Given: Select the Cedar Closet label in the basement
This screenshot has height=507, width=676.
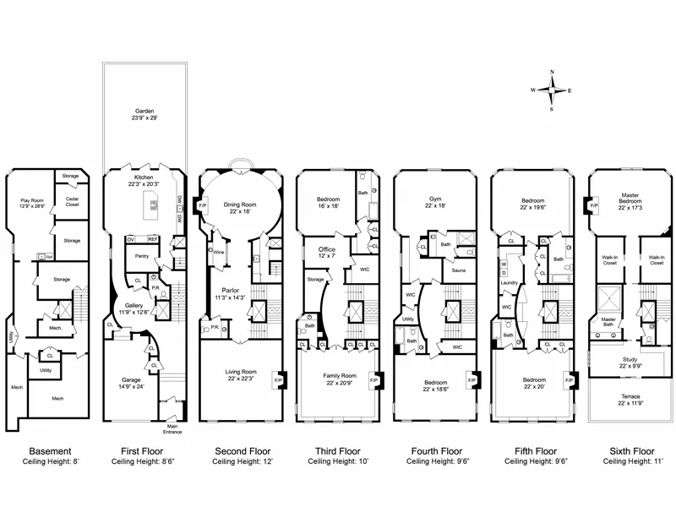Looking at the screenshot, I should [73, 201].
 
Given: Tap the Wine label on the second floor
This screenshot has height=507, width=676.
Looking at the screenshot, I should [219, 251].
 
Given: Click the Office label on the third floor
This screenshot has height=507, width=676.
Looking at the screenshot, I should [327, 250].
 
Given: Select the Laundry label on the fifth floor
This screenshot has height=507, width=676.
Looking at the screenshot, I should [509, 282].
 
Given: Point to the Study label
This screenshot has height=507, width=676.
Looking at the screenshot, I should [631, 363].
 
